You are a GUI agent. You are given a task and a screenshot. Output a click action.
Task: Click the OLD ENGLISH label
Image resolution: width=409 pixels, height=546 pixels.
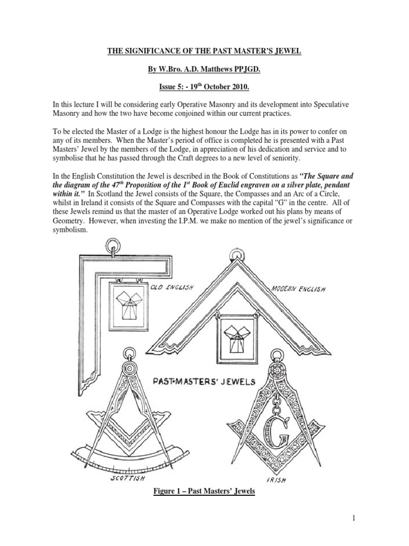(x=171, y=288)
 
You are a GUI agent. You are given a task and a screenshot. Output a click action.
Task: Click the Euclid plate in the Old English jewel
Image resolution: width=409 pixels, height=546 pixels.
(x=128, y=306)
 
